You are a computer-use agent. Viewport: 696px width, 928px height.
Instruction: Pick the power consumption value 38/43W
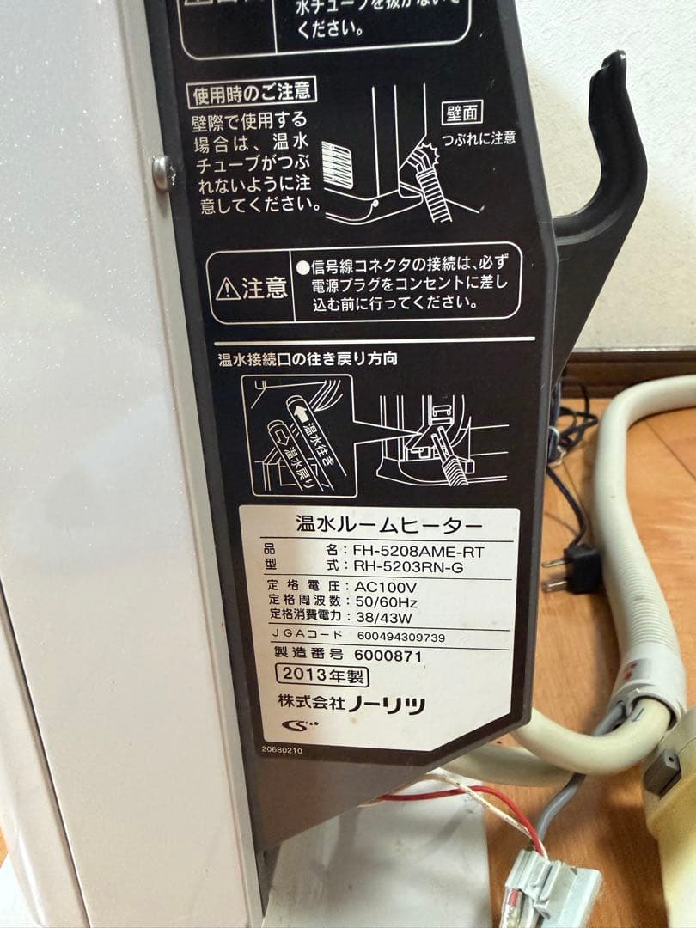click(382, 616)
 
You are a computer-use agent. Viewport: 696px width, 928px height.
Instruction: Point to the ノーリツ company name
click(386, 705)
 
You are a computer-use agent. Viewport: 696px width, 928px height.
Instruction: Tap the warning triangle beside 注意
click(229, 290)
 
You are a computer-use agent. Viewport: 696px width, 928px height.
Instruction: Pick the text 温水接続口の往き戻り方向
click(308, 358)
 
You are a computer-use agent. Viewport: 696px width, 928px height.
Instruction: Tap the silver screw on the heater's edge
click(160, 172)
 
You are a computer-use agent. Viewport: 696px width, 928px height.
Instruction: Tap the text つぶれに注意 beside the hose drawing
click(478, 137)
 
